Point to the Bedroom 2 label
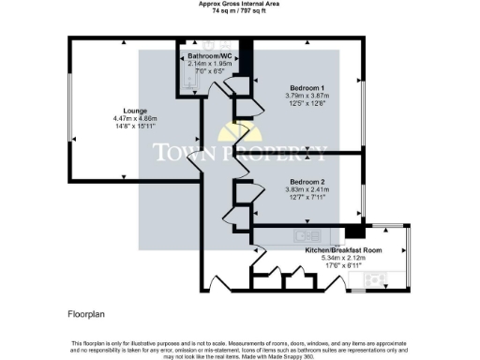coord(307,181)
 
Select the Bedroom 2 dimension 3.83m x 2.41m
coord(307,188)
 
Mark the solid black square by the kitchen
coord(354,232)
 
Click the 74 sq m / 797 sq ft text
coord(238,10)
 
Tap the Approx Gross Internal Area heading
coord(238,4)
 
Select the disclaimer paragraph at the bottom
coord(240,349)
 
